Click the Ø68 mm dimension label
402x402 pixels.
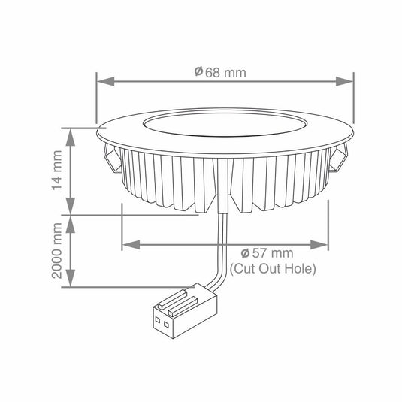[220, 72]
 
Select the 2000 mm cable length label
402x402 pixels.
[57, 251]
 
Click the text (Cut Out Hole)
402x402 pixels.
[273, 267]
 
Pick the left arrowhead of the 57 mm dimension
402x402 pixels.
[126, 244]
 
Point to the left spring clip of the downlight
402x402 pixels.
[110, 157]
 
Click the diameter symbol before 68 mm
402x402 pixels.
[198, 72]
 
